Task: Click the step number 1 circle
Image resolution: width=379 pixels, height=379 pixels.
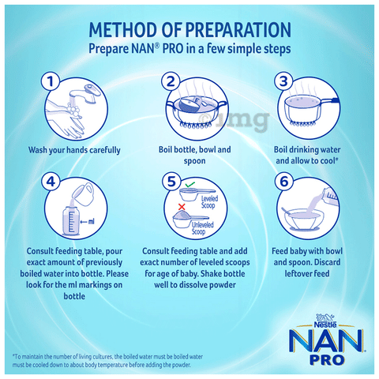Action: point(51,81)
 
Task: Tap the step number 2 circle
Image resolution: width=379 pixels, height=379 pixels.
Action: point(171,81)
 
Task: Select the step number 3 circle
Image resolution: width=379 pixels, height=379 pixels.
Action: point(283,81)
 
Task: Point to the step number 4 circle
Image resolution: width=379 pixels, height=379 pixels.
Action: point(51,182)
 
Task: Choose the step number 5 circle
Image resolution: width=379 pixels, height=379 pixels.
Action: point(171,182)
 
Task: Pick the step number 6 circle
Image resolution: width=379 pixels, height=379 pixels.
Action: point(284,182)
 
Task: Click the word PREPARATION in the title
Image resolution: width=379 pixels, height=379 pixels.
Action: point(238,30)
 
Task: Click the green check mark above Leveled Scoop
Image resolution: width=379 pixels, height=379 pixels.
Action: point(189,185)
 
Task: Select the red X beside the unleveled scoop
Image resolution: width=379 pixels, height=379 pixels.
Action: point(182,207)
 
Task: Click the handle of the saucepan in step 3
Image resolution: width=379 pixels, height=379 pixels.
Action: point(330,101)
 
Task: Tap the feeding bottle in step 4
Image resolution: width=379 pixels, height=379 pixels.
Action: point(71,220)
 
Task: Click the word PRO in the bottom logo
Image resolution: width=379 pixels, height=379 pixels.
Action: point(327,360)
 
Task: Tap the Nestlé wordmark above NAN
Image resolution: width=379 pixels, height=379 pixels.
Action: point(325,325)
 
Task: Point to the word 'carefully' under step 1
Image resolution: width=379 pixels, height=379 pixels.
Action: point(105,150)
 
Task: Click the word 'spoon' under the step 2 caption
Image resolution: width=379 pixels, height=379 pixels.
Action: point(194,161)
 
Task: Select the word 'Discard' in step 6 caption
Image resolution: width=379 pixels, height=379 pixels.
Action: point(327,262)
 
